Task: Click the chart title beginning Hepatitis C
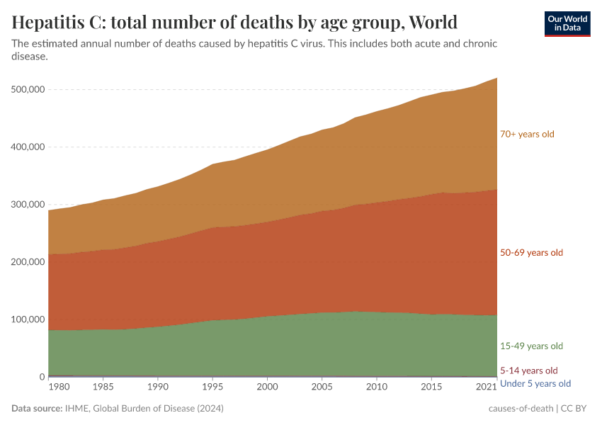[x=234, y=22]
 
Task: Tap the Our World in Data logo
[x=567, y=23]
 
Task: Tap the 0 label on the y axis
[x=42, y=377]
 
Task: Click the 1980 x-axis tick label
[x=59, y=387]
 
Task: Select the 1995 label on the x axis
[x=212, y=387]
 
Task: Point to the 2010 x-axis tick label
[x=376, y=387]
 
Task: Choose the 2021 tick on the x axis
[x=486, y=387]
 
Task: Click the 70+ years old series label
[x=527, y=134]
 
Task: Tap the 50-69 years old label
[x=531, y=253]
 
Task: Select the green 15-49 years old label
[x=531, y=346]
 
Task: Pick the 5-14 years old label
[x=528, y=370]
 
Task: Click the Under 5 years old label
[x=535, y=384]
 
